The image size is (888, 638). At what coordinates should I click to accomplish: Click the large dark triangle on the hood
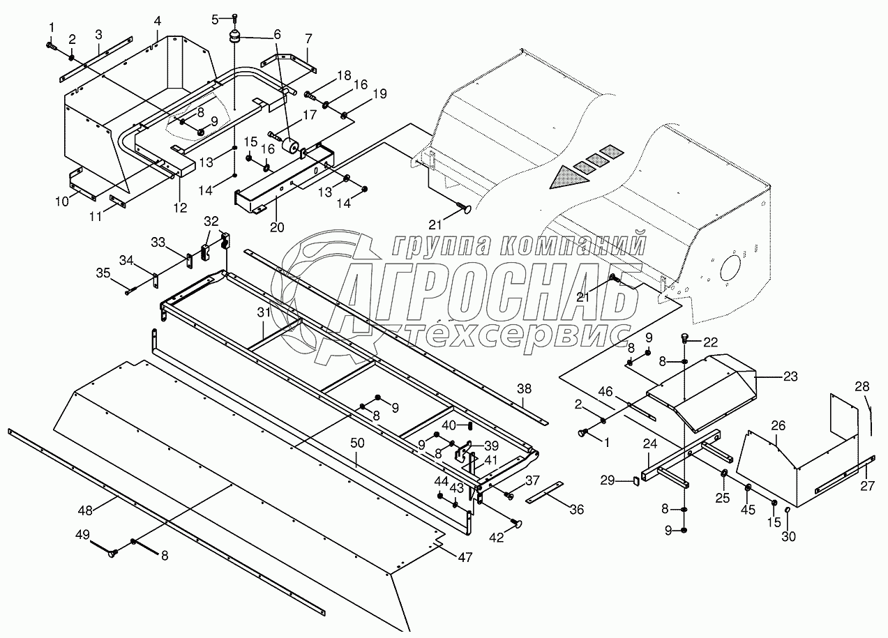[x=564, y=180]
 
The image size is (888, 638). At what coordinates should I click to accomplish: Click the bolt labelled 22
[x=685, y=340]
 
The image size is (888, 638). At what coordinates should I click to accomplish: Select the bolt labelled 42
[x=518, y=523]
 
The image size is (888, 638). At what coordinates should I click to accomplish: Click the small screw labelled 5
[x=235, y=17]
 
